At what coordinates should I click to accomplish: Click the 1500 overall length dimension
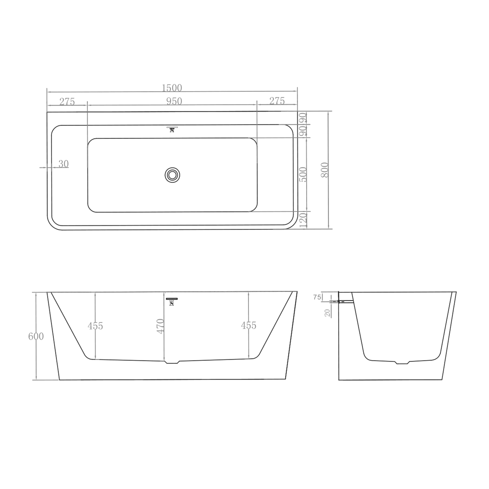pyautogui.click(x=172, y=88)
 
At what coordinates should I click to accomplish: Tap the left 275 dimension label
pyautogui.click(x=67, y=102)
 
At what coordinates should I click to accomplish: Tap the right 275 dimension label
pyautogui.click(x=277, y=101)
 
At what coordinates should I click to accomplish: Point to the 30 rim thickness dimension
pyautogui.click(x=63, y=164)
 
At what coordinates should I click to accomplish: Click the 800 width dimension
pyautogui.click(x=325, y=170)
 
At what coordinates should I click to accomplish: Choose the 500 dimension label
pyautogui.click(x=303, y=174)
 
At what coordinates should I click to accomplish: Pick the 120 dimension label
pyautogui.click(x=303, y=221)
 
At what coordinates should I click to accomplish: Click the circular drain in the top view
pyautogui.click(x=172, y=175)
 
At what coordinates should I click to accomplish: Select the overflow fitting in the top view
pyautogui.click(x=172, y=129)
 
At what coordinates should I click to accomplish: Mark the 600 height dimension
pyautogui.click(x=36, y=336)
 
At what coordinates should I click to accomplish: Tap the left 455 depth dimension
pyautogui.click(x=95, y=326)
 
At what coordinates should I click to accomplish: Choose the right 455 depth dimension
pyautogui.click(x=249, y=325)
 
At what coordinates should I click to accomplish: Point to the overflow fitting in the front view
pyautogui.click(x=172, y=302)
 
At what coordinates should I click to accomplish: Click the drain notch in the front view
pyautogui.click(x=172, y=362)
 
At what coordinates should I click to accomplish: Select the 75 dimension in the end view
pyautogui.click(x=317, y=297)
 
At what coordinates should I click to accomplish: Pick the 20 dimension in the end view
pyautogui.click(x=327, y=313)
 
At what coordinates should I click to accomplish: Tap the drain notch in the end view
pyautogui.click(x=402, y=363)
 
